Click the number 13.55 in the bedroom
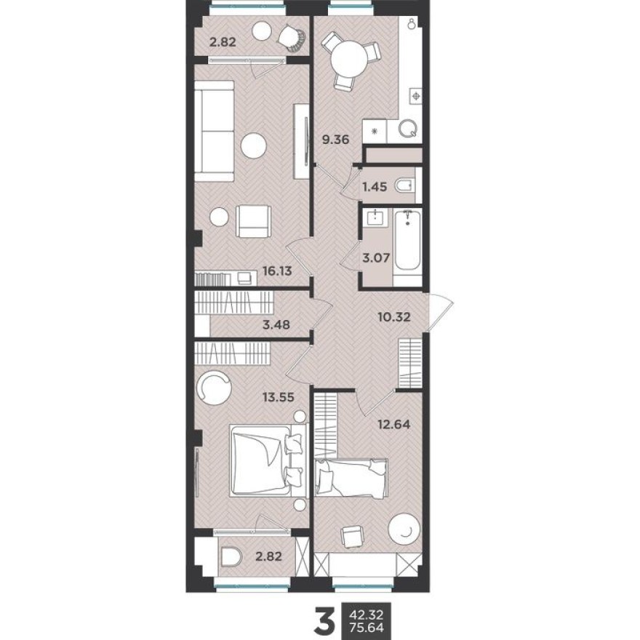click(279, 397)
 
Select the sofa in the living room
click(214, 130)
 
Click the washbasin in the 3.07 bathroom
click(376, 217)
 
